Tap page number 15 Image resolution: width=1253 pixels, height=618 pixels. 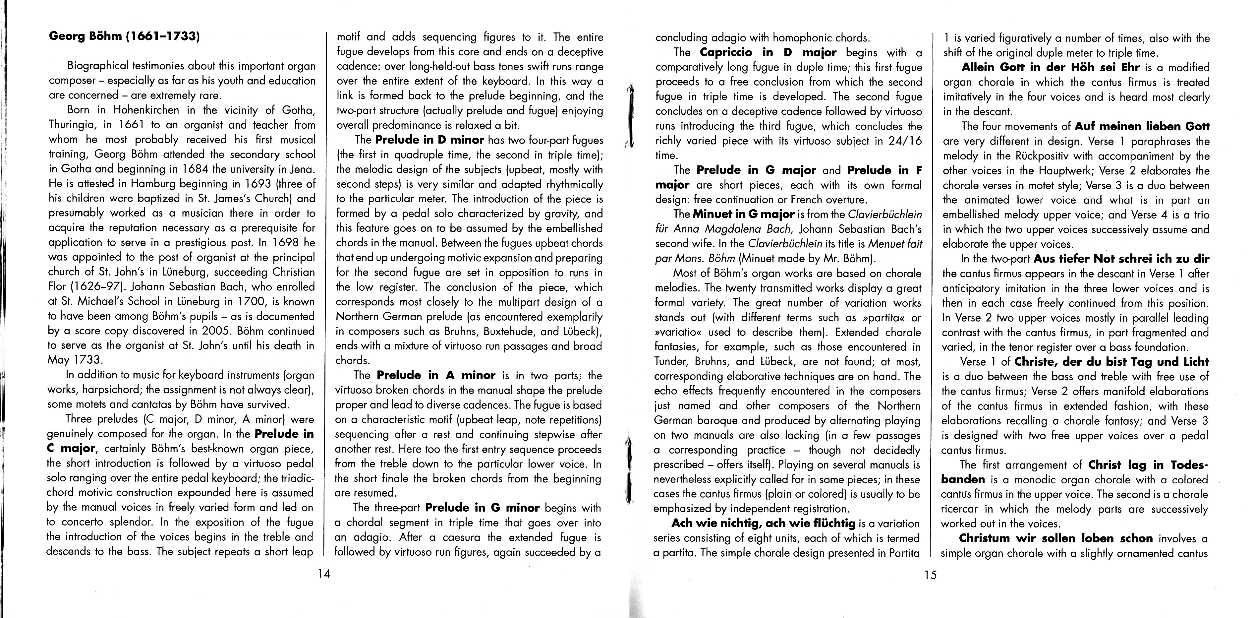pyautogui.click(x=930, y=575)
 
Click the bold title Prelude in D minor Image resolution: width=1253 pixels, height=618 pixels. pyautogui.click(x=429, y=140)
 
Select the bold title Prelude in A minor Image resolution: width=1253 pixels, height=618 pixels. pyautogui.click(x=436, y=375)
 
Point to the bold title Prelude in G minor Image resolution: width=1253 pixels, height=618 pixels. pyautogui.click(x=482, y=508)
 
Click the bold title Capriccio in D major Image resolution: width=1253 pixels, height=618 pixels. pyautogui.click(x=768, y=53)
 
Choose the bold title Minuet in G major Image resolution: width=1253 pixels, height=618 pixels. pyautogui.click(x=743, y=214)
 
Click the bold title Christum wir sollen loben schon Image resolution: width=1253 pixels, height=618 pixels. pyautogui.click(x=1055, y=538)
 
